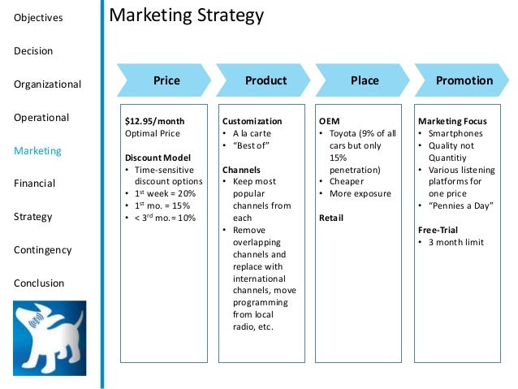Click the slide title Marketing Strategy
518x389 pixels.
click(186, 16)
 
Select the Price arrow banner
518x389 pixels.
click(166, 80)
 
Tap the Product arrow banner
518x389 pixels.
click(265, 80)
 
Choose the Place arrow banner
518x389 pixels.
click(365, 80)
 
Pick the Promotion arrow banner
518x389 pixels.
click(464, 80)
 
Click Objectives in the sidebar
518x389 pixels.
click(38, 18)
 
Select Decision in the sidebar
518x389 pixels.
click(33, 51)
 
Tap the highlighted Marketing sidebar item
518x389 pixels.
click(37, 150)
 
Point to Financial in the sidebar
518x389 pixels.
click(35, 184)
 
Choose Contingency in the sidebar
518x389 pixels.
click(43, 250)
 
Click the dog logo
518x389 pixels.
click(48, 339)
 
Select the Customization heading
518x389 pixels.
click(253, 121)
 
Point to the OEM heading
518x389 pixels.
click(329, 121)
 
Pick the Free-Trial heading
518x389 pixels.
click(438, 230)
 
